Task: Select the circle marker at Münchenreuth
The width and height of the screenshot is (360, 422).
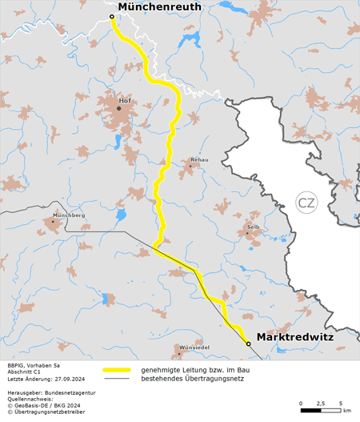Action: (111, 16)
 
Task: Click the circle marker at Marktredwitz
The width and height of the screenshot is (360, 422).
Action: (248, 344)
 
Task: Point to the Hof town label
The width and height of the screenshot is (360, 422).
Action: (123, 101)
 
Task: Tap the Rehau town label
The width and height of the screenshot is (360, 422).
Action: (199, 160)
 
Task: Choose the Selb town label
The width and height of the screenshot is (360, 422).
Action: (254, 227)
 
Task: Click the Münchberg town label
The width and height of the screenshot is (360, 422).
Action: (68, 215)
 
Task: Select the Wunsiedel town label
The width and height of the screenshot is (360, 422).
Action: (194, 348)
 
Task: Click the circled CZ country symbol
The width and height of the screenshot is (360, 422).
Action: (306, 203)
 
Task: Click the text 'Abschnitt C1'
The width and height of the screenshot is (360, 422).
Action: (25, 371)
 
